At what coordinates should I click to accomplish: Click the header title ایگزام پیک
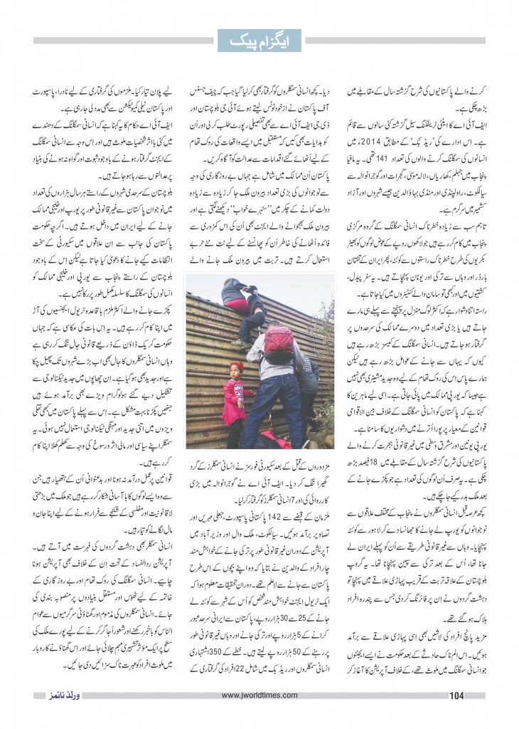[259, 41]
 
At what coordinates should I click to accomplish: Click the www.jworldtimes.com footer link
[259, 695]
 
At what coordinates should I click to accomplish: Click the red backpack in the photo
[279, 345]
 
